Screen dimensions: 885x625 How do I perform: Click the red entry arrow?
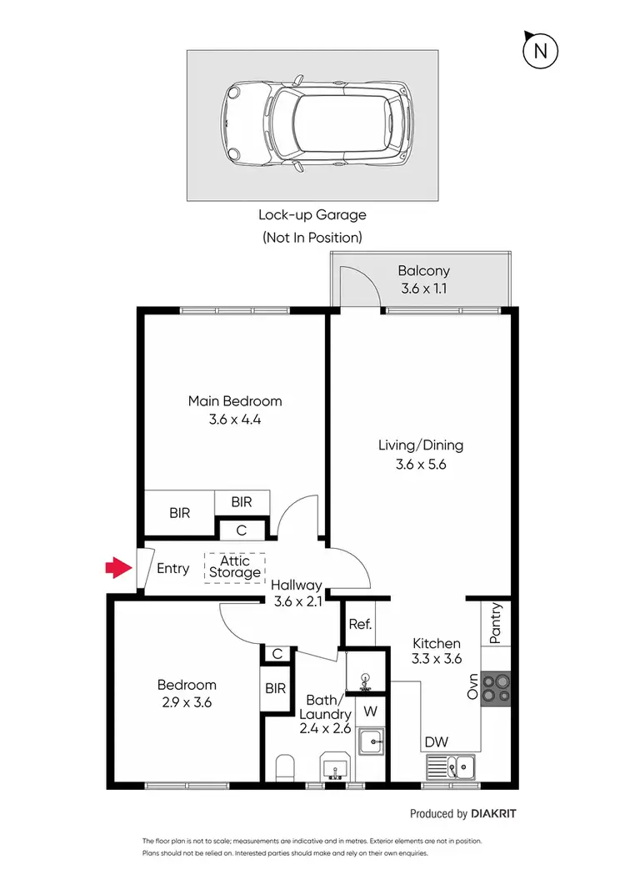[x=117, y=569]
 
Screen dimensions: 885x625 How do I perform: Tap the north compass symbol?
[x=539, y=52]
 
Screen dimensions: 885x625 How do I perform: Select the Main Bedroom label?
[x=235, y=401]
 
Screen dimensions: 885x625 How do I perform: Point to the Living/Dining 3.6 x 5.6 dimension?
[x=420, y=465]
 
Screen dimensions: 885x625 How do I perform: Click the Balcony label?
[x=423, y=270]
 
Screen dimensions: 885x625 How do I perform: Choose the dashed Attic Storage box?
[x=235, y=567]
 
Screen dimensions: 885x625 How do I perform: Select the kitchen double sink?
[x=449, y=766]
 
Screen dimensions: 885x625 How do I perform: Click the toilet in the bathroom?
[x=283, y=767]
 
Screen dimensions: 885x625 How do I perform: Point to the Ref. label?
[x=360, y=624]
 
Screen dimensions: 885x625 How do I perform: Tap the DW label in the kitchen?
[x=434, y=742]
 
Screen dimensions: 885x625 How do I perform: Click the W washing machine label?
[x=371, y=712]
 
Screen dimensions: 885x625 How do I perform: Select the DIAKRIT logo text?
[x=498, y=813]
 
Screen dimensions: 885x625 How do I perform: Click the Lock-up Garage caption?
[x=312, y=215]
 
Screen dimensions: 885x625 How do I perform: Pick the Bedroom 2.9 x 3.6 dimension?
[x=187, y=702]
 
